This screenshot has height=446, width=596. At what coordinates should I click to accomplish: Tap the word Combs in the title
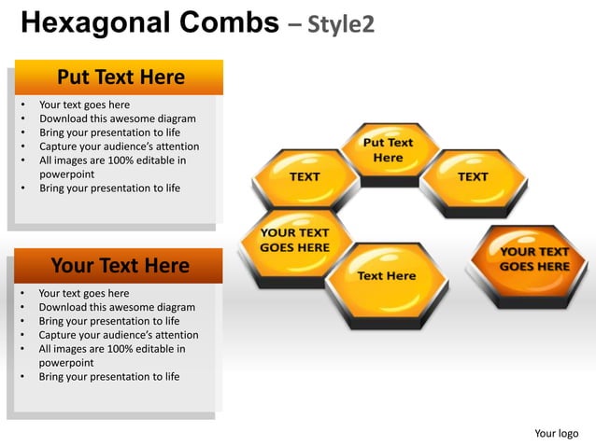[x=227, y=22]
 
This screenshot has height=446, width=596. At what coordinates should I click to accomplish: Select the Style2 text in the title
[x=341, y=23]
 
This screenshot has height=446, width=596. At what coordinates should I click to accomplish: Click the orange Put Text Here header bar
[x=120, y=77]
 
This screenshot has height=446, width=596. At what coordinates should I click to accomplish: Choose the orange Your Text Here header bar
[x=120, y=266]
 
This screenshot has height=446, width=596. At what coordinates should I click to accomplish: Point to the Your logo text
[x=556, y=433]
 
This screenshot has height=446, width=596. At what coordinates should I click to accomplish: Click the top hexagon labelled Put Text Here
[x=388, y=151]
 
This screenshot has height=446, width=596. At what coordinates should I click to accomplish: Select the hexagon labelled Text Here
[x=386, y=277]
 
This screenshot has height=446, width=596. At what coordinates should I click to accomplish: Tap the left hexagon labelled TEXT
[x=305, y=177]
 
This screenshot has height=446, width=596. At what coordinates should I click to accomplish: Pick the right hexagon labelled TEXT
[x=472, y=177]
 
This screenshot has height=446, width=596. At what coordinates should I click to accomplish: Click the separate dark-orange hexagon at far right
[x=533, y=260]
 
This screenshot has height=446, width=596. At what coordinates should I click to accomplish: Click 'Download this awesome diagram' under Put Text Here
[x=117, y=118]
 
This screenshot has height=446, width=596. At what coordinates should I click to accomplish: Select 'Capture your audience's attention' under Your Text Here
[x=118, y=335]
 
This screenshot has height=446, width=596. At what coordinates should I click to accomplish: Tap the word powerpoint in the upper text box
[x=66, y=174]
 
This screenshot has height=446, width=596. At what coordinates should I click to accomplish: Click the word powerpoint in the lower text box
[x=65, y=363]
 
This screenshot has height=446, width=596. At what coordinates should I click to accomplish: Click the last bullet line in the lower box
[x=108, y=377]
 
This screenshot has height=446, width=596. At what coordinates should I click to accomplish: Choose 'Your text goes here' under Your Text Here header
[x=84, y=293]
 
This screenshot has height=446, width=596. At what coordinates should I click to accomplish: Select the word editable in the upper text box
[x=154, y=160]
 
